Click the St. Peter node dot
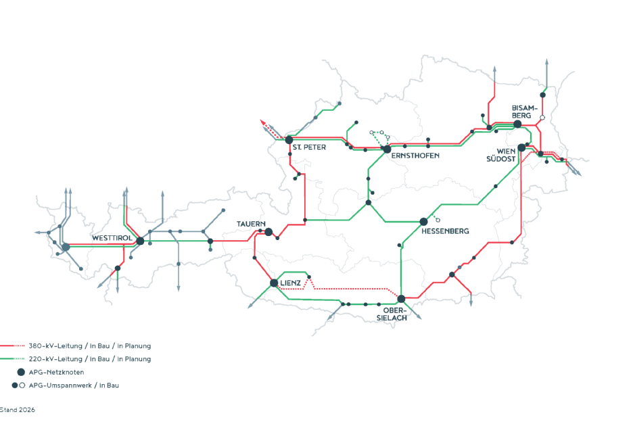[289, 140]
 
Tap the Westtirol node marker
[140, 241]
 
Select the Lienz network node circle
[274, 283]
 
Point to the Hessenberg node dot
[424, 221]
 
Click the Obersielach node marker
[401, 298]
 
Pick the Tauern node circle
[268, 232]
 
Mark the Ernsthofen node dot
[387, 149]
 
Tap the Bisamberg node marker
[517, 124]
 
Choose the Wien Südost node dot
[521, 147]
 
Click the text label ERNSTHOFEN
[415, 156]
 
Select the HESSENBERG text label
[445, 231]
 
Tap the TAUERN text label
[250, 224]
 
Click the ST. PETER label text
[310, 147]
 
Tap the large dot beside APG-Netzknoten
[21, 372]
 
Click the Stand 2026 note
[18, 410]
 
